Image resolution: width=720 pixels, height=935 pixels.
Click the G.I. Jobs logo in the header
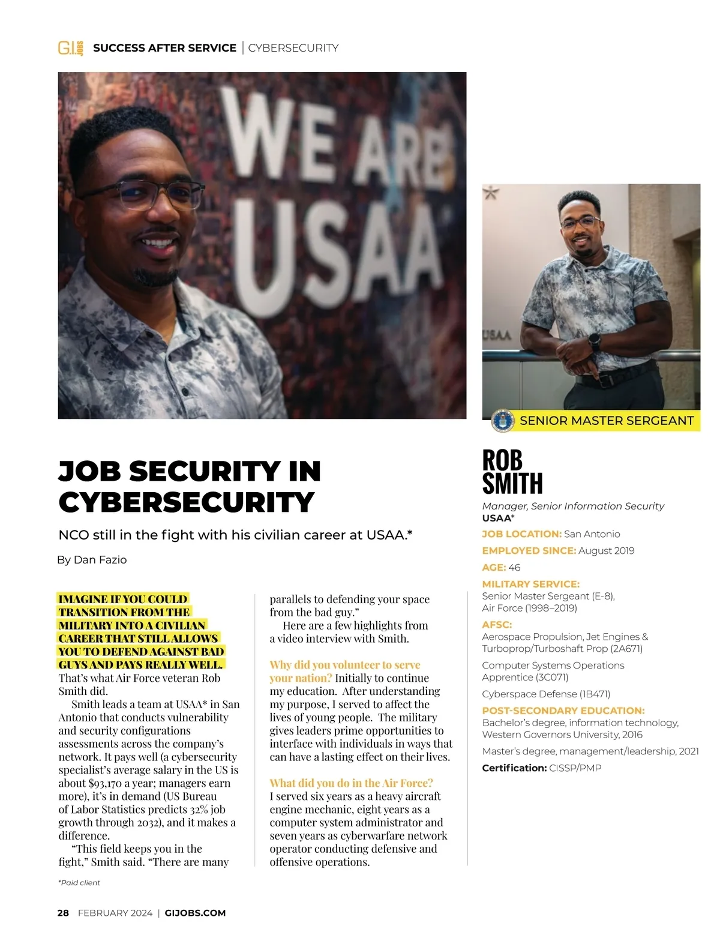(70, 48)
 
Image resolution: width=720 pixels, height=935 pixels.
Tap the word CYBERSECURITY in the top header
(293, 48)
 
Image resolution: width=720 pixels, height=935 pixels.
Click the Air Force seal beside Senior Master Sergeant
(502, 421)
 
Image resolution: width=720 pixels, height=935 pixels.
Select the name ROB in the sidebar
(502, 460)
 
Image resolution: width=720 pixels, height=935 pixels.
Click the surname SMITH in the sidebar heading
(512, 483)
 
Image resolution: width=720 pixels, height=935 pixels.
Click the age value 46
(514, 568)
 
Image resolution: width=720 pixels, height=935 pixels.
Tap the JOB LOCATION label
(521, 534)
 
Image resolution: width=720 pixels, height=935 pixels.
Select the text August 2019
(606, 551)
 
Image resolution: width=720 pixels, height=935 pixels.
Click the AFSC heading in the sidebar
(497, 625)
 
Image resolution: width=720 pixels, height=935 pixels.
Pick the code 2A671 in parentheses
(626, 649)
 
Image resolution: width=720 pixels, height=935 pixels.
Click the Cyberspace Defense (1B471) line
(546, 694)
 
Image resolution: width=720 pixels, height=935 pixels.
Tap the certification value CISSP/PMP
(575, 768)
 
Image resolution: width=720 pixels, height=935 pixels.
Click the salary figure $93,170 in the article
(107, 783)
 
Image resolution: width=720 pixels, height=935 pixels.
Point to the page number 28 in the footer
(63, 913)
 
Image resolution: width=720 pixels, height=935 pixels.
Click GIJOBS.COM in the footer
(195, 913)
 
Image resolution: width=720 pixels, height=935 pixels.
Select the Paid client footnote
(79, 883)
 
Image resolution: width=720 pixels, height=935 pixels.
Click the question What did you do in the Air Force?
(351, 783)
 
